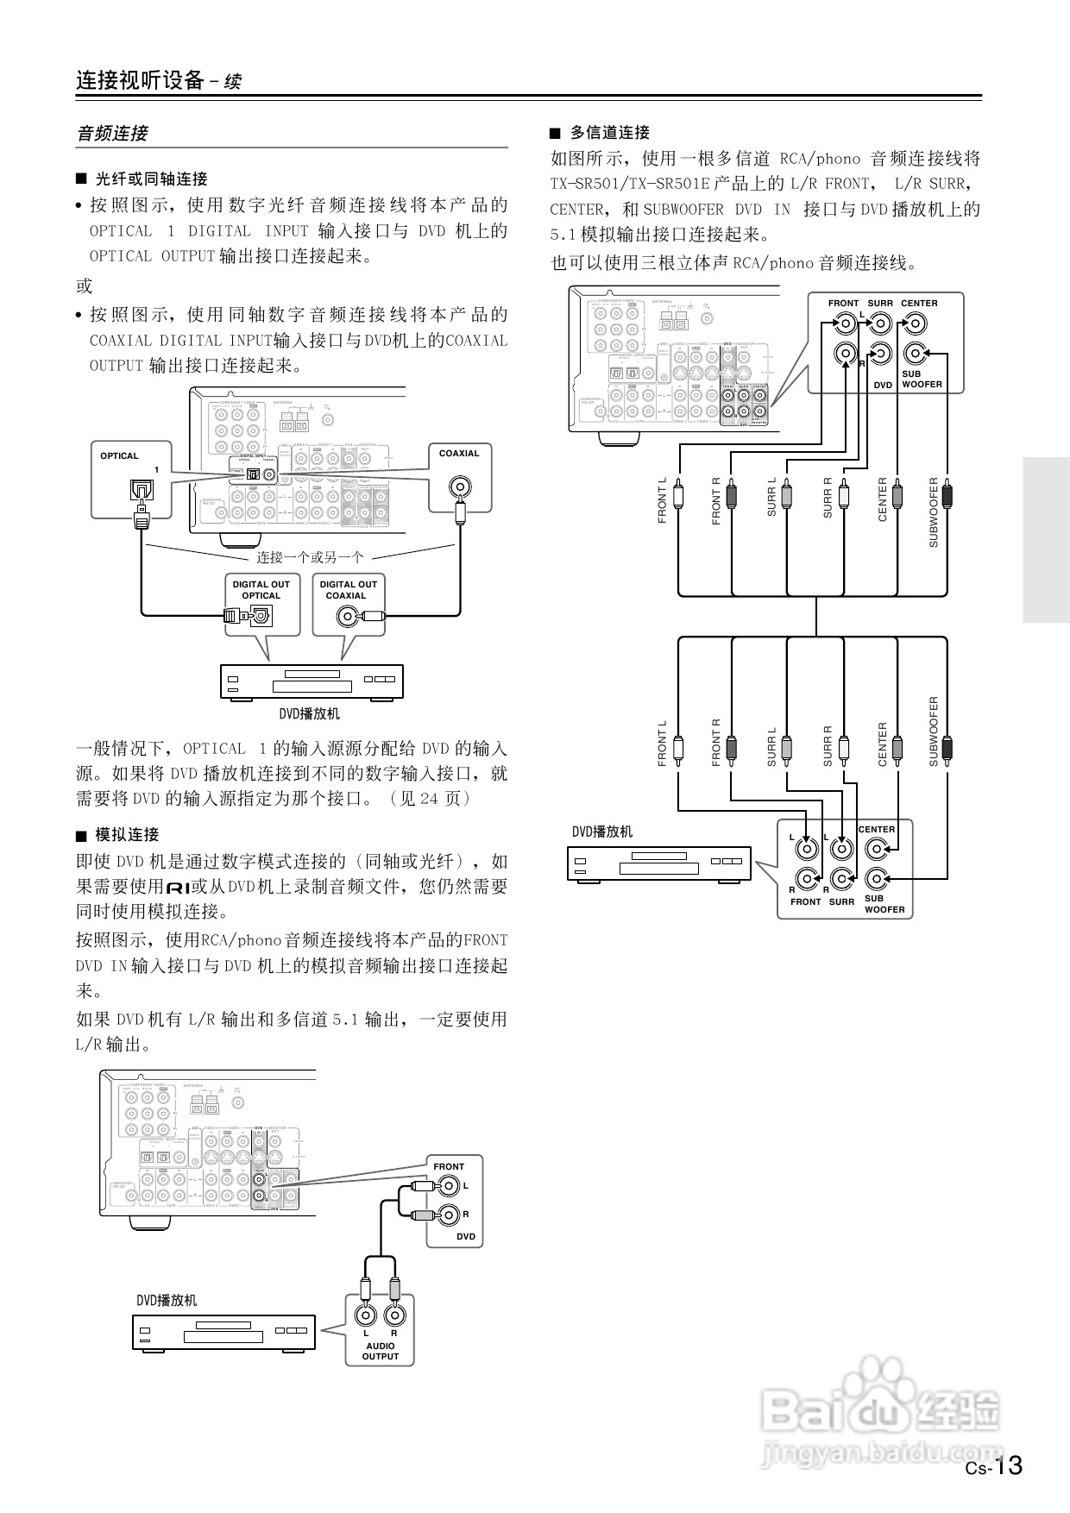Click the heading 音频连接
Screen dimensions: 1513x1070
pos(112,134)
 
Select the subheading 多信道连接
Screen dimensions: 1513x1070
pos(609,133)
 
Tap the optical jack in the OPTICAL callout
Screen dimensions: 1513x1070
pos(140,490)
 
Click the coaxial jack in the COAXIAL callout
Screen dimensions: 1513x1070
pos(459,487)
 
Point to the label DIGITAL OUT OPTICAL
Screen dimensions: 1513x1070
pos(261,590)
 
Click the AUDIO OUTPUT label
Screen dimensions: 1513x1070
pos(380,1351)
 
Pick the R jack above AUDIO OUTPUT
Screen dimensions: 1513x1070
pos(394,1316)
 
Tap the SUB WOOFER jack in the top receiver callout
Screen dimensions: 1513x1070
pos(914,354)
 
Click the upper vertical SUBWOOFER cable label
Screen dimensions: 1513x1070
pos(933,512)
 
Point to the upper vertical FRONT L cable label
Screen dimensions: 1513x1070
pos(663,500)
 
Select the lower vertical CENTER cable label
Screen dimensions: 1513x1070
pos(882,744)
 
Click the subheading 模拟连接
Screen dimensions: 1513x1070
pos(127,835)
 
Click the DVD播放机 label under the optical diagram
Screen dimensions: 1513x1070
pos(309,714)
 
